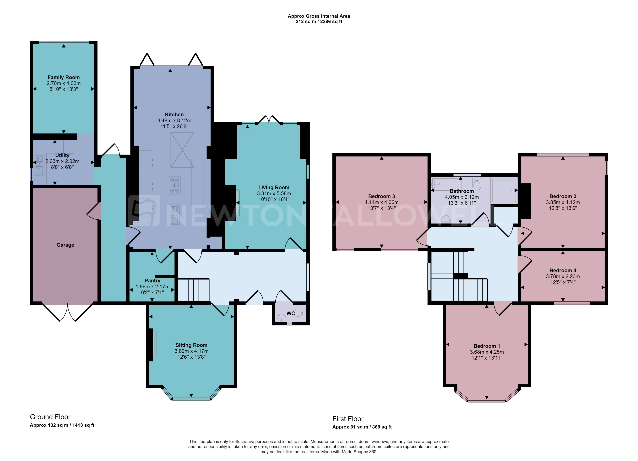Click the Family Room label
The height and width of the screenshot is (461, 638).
[64, 77]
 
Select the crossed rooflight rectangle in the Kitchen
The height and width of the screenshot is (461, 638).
[182, 150]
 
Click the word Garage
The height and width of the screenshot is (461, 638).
[65, 245]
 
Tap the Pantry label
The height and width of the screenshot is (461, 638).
[152, 280]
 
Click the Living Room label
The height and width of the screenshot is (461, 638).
[274, 188]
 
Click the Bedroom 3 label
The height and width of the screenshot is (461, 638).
[381, 196]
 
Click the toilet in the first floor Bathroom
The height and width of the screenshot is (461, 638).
[476, 184]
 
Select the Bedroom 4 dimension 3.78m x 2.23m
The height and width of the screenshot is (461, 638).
[563, 276]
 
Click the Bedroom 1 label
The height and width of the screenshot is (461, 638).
[487, 346]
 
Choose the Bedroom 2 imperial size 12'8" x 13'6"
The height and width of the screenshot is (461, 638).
[563, 208]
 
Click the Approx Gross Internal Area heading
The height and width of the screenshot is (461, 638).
[319, 16]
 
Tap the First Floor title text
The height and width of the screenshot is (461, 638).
[348, 419]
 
